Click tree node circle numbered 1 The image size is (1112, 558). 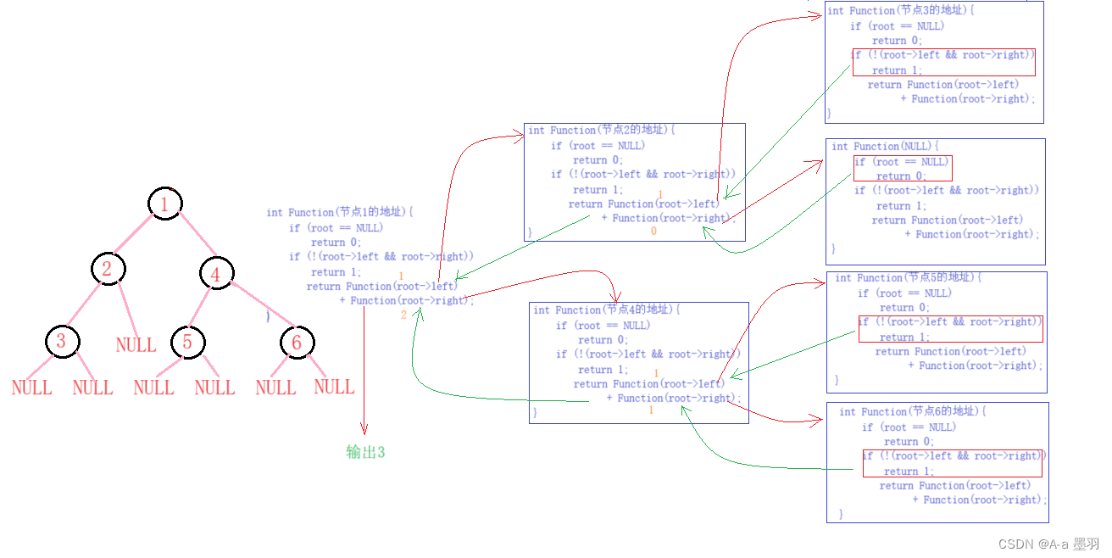click(164, 204)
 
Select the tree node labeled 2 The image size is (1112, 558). click(108, 269)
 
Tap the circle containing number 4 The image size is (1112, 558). click(216, 274)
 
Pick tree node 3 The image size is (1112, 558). click(61, 341)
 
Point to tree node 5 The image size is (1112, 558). click(187, 342)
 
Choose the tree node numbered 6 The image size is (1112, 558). click(297, 342)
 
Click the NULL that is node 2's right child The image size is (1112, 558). click(136, 345)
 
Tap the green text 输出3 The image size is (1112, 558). click(365, 452)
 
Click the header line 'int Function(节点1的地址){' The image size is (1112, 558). click(339, 213)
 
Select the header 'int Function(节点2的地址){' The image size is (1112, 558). click(601, 131)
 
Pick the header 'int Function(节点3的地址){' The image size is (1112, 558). click(901, 11)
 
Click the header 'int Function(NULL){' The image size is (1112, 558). click(886, 147)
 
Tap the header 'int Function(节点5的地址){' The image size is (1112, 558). click(909, 278)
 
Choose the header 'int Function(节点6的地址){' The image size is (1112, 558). click(913, 412)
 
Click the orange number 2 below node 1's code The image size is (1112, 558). click(404, 315)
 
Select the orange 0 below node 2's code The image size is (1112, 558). click(653, 232)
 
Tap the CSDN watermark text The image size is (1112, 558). click(1048, 544)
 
